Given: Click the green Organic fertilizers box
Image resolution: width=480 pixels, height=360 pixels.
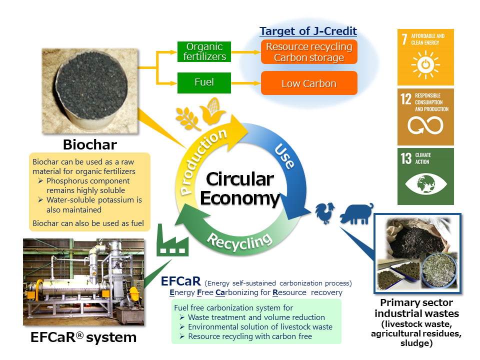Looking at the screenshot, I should click(204, 51).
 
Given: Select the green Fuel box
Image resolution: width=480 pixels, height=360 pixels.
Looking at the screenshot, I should click(204, 82).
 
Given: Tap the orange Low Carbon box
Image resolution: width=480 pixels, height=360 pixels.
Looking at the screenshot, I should click(308, 83).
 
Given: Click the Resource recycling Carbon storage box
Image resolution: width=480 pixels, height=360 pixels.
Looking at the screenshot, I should click(308, 52).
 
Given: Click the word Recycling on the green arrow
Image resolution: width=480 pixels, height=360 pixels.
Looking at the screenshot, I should click(239, 241).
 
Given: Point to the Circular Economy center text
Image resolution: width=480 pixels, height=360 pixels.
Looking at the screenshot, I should click(239, 188).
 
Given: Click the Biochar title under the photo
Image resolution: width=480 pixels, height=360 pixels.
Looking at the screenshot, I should click(89, 144).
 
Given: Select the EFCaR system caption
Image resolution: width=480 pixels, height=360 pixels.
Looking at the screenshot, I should click(83, 337).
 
